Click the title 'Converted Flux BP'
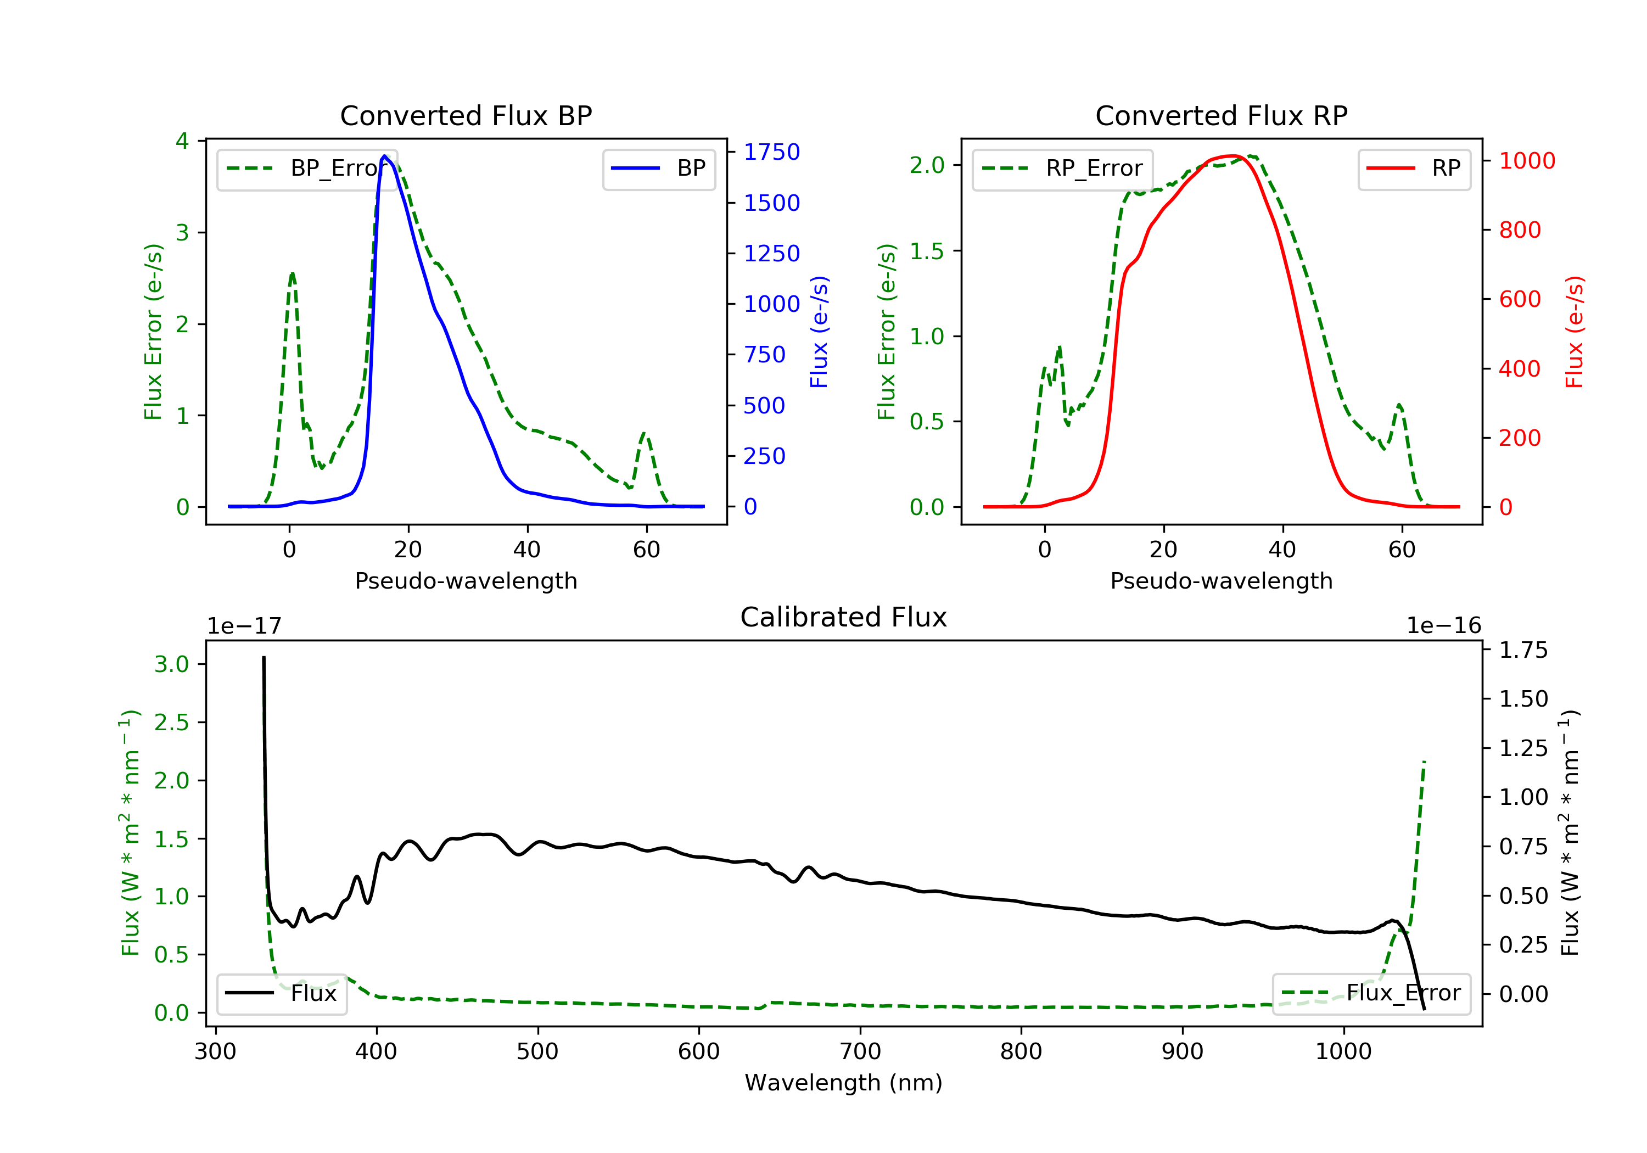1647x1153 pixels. pos(466,115)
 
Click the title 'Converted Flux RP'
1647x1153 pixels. pos(1221,115)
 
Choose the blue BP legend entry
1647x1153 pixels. pos(658,169)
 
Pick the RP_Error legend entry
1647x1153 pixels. pos(1062,169)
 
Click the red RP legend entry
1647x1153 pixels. pos(1414,169)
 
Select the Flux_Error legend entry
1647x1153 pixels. pos(1371,993)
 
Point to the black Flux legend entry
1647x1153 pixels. pos(281,993)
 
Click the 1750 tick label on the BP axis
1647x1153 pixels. pos(771,152)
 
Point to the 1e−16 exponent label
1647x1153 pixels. pos(1443,626)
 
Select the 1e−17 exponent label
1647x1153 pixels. pos(244,626)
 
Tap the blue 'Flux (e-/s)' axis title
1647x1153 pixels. pos(819,332)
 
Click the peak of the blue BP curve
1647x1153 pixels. pos(384,156)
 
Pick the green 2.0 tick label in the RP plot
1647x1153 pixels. pos(927,166)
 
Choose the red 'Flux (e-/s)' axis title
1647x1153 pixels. pos(1575,332)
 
